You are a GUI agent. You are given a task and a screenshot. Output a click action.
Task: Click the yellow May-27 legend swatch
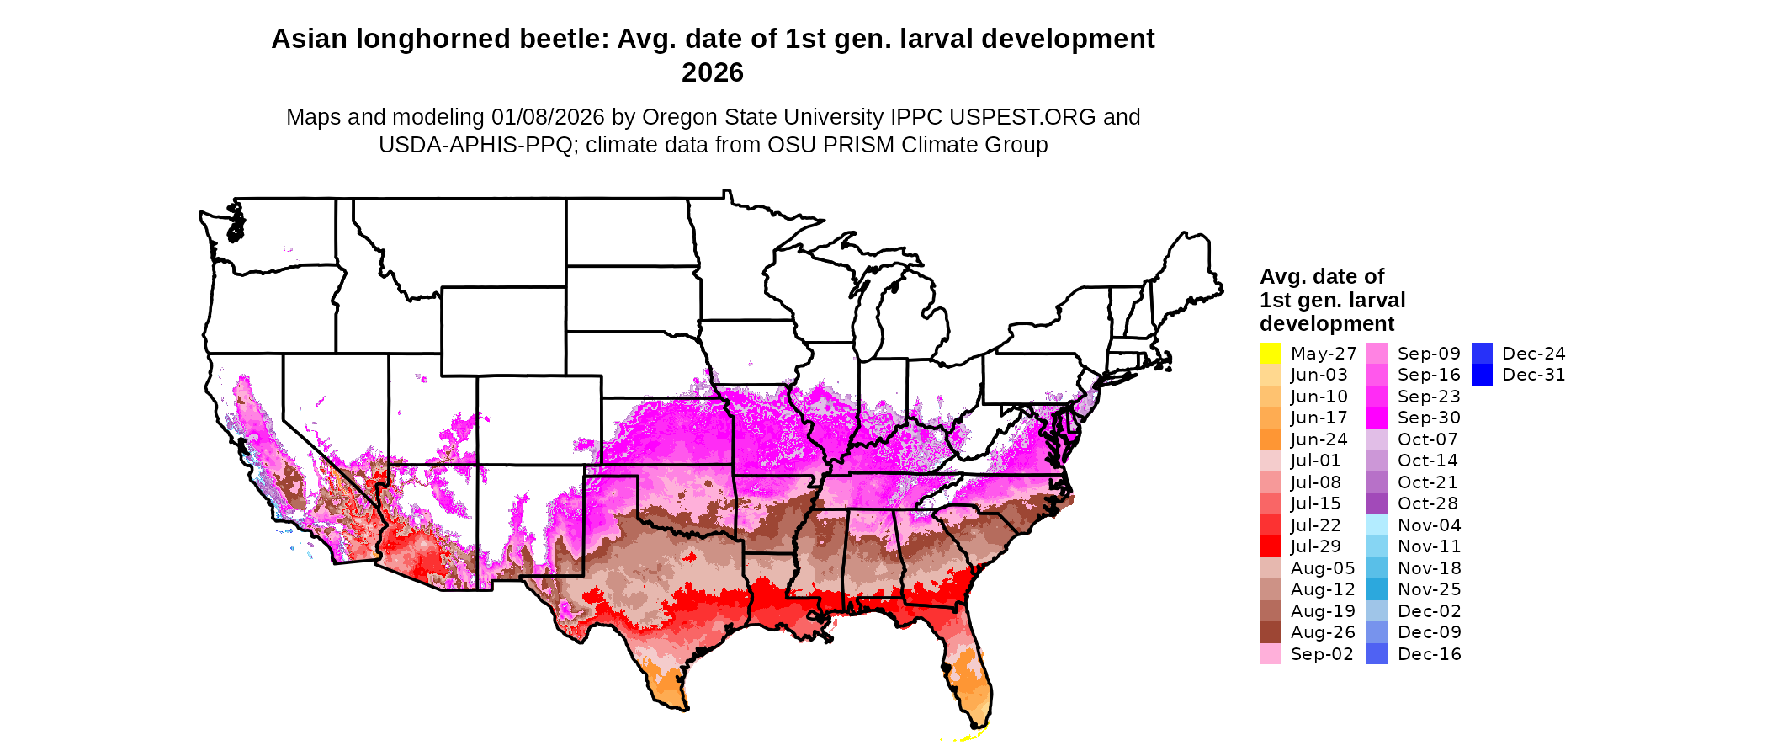pyautogui.click(x=1271, y=354)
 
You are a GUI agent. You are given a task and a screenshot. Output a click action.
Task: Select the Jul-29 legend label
pyautogui.click(x=1316, y=547)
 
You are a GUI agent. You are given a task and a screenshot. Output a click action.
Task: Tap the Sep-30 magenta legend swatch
pyautogui.click(x=1377, y=418)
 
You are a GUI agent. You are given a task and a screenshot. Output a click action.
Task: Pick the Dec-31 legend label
pyautogui.click(x=1533, y=375)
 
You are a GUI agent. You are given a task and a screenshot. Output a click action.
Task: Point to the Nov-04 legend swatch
pyautogui.click(x=1377, y=525)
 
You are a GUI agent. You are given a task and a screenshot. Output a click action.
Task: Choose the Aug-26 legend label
pyautogui.click(x=1323, y=632)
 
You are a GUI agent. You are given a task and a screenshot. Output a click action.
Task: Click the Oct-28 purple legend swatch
pyautogui.click(x=1377, y=503)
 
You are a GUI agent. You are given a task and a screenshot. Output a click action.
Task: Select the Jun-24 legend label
pyautogui.click(x=1319, y=439)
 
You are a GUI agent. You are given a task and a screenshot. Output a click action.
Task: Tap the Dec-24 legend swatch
pyautogui.click(x=1483, y=354)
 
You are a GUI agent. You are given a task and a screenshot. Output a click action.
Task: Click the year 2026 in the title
pyautogui.click(x=713, y=73)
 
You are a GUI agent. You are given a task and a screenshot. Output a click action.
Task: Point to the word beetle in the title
pyautogui.click(x=560, y=40)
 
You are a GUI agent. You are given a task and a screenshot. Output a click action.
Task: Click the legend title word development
pyautogui.click(x=1327, y=324)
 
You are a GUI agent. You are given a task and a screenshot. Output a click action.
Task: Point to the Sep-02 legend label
pyautogui.click(x=1322, y=654)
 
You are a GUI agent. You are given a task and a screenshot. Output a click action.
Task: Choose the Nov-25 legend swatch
pyautogui.click(x=1377, y=589)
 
